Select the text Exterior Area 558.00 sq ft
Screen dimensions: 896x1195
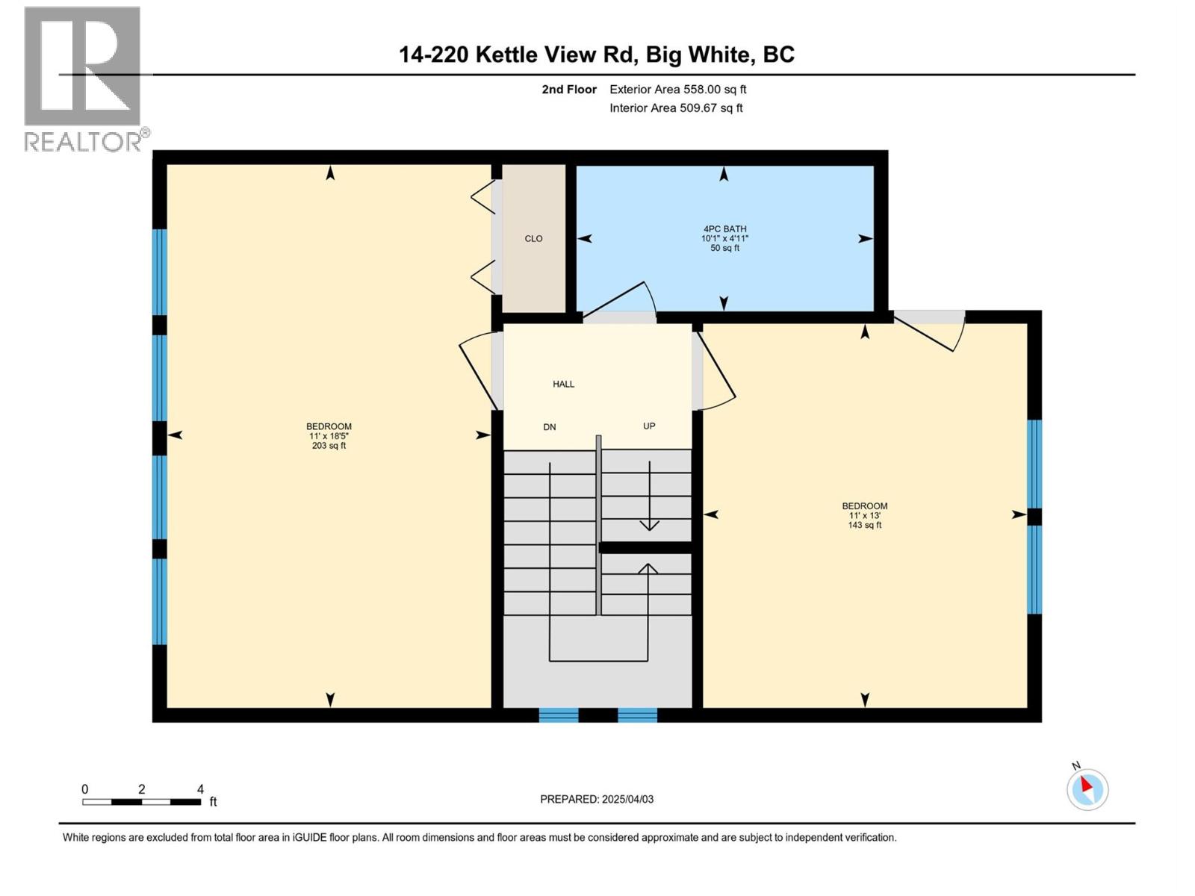point(677,90)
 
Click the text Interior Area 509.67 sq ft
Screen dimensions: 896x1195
point(675,108)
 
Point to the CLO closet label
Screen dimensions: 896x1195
point(533,239)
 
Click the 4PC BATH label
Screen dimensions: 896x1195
point(724,238)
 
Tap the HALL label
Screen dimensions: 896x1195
point(563,384)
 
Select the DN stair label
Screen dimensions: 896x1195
point(549,427)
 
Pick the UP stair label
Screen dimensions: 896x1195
point(649,426)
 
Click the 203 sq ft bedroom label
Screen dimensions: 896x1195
point(329,436)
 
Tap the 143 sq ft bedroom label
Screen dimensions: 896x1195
point(864,515)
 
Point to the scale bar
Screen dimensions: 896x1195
point(141,802)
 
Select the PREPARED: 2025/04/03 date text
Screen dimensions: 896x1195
point(596,799)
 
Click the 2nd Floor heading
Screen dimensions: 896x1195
point(569,90)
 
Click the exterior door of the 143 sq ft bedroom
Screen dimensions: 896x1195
point(930,329)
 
